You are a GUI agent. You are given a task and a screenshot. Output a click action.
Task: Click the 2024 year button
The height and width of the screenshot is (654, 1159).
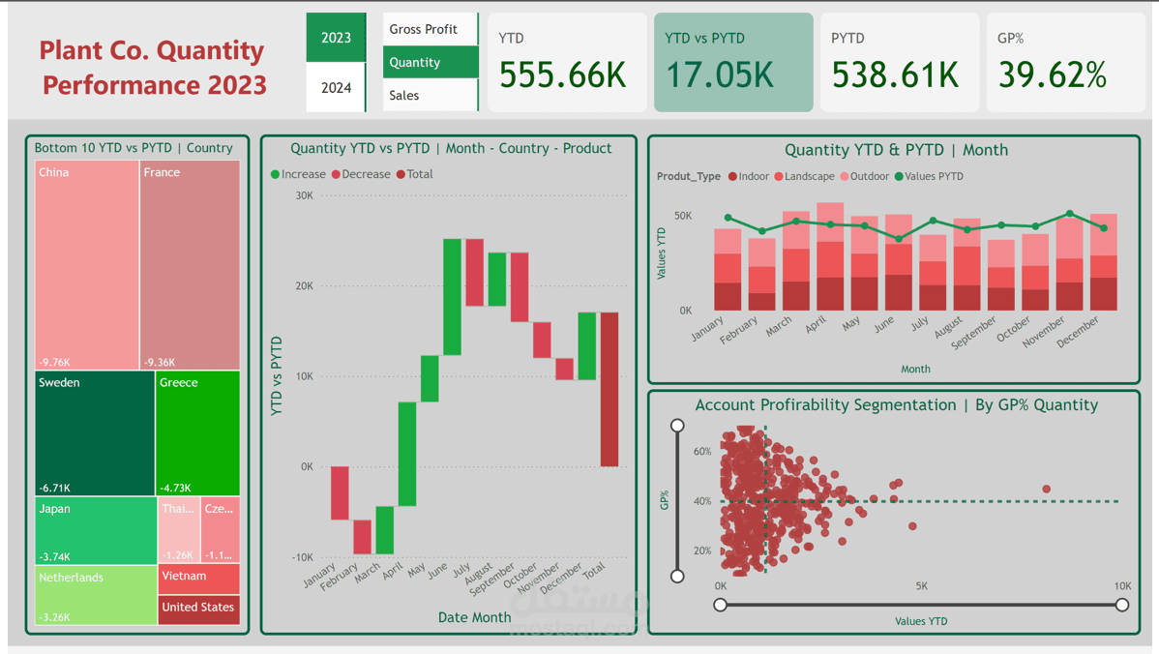[336, 88]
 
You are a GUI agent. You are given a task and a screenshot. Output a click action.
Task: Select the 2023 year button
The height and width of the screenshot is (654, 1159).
[336, 38]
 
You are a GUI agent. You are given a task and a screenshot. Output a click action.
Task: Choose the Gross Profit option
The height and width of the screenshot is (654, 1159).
[423, 29]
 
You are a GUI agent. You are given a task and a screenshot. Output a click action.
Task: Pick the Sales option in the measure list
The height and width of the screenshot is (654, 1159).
[404, 95]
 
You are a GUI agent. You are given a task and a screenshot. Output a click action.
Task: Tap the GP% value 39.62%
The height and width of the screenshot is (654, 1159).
[1052, 74]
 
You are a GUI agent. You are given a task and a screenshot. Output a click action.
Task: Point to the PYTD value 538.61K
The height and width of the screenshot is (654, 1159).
[895, 74]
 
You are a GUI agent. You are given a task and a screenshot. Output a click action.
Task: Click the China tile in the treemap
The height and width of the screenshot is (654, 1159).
[87, 264]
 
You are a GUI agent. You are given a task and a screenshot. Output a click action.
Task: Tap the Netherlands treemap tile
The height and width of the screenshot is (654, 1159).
[96, 595]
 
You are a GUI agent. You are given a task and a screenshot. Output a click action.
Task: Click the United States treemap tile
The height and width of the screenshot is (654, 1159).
[198, 609]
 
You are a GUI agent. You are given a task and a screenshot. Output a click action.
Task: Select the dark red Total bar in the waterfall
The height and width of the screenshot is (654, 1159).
[609, 389]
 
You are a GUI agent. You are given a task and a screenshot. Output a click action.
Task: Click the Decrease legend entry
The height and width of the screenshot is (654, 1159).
[360, 174]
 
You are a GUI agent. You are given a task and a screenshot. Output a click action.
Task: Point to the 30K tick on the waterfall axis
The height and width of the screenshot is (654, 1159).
[304, 195]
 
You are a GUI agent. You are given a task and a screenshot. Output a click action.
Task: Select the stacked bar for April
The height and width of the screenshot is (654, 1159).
[830, 256]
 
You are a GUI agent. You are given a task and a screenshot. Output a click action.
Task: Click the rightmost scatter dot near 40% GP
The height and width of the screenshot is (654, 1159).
[1047, 490]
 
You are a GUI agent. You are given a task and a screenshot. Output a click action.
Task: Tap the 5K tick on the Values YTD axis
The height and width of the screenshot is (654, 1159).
[921, 585]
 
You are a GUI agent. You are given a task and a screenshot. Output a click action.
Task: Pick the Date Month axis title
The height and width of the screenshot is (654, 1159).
[474, 617]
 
